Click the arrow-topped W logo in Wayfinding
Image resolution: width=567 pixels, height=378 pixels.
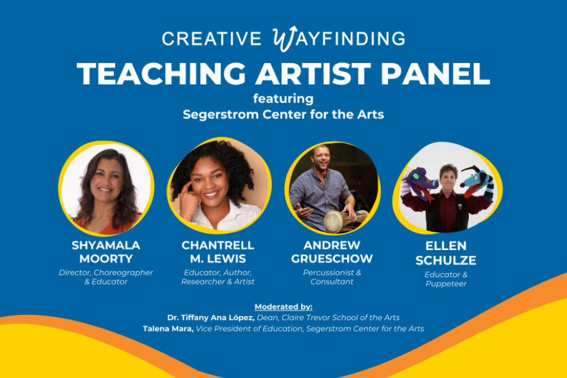[x=285, y=38]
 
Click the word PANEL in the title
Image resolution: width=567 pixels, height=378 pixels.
[x=435, y=74]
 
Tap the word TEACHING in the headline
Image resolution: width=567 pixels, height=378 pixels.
[x=161, y=74]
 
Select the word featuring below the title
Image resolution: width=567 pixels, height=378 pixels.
[x=283, y=99]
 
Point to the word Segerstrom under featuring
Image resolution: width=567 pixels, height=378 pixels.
[x=220, y=115]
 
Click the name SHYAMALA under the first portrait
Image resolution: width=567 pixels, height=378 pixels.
[x=106, y=245]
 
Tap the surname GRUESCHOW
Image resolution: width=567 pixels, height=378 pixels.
[x=332, y=259]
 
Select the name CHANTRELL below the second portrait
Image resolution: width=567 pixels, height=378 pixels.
[x=218, y=245]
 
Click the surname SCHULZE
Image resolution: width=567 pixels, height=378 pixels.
[x=446, y=260]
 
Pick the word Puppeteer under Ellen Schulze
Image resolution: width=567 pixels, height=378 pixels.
[x=446, y=284]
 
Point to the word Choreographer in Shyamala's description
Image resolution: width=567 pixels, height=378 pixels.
[x=123, y=272]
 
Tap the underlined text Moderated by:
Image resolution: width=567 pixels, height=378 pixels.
[x=283, y=307]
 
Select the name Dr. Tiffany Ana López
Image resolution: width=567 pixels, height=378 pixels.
[x=211, y=318]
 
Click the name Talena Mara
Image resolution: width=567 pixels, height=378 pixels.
[x=168, y=329]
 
